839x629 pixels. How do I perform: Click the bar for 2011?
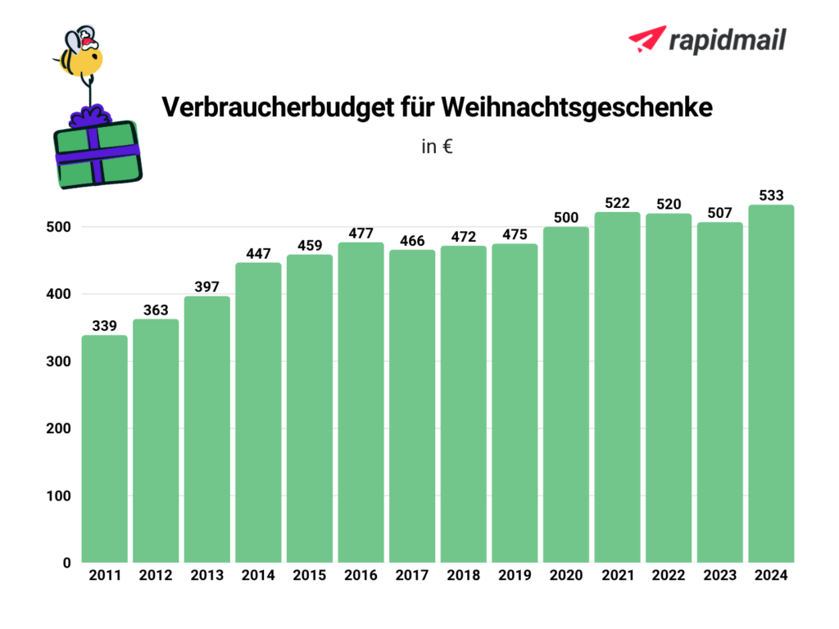(x=104, y=449)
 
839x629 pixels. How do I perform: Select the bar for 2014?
(x=258, y=413)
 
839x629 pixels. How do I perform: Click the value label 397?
(x=207, y=287)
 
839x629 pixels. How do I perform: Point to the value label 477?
(x=361, y=233)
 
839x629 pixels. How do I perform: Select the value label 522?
(x=617, y=203)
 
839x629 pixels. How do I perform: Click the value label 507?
(x=720, y=213)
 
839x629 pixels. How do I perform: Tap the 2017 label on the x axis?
(x=412, y=576)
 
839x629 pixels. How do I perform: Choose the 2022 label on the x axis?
(x=669, y=576)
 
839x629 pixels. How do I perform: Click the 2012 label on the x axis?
(x=156, y=576)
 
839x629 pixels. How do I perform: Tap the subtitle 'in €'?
(x=438, y=148)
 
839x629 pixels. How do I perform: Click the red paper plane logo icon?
(x=646, y=38)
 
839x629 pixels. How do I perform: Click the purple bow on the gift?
(x=93, y=116)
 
